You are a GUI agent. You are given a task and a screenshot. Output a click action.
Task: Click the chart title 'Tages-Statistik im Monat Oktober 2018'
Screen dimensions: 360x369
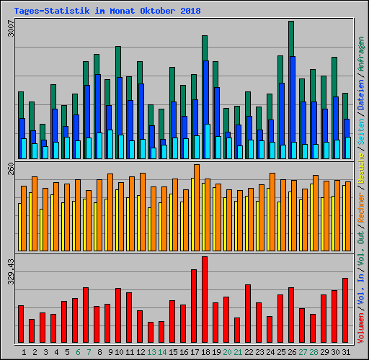[107, 12]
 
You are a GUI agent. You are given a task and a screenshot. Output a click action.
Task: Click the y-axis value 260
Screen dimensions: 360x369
[9, 168]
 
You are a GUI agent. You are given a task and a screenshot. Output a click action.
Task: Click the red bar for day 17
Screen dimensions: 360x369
[194, 306]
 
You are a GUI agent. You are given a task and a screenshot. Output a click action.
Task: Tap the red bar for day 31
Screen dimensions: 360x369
[345, 310]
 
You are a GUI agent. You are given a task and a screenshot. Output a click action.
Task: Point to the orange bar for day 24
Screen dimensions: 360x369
[272, 212]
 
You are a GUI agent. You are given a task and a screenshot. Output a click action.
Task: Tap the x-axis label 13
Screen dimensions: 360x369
[151, 352]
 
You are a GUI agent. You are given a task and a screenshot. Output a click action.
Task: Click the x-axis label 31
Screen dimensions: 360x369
[345, 352]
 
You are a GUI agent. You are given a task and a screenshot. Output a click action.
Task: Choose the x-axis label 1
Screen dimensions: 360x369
[24, 352]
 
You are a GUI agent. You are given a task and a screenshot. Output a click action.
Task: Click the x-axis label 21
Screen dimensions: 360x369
[237, 352]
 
